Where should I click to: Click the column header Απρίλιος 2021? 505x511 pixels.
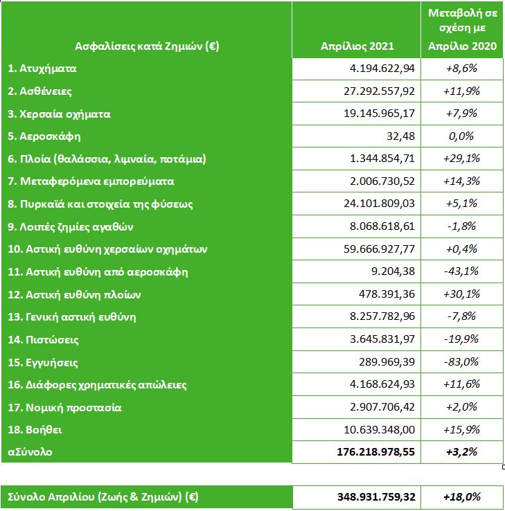(357, 46)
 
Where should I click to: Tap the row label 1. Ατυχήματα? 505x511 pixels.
(42, 69)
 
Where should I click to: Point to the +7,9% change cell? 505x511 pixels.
(462, 114)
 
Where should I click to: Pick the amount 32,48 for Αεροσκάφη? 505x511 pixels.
(402, 136)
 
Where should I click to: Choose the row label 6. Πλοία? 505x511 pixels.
(107, 159)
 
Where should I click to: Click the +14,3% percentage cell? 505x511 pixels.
(462, 181)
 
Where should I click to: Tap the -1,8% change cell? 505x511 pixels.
(462, 226)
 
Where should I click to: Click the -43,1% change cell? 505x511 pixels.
(462, 271)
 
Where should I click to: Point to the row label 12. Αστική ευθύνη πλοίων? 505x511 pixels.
(75, 294)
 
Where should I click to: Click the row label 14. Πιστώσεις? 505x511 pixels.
(44, 340)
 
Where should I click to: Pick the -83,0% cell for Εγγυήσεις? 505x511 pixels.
(462, 362)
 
